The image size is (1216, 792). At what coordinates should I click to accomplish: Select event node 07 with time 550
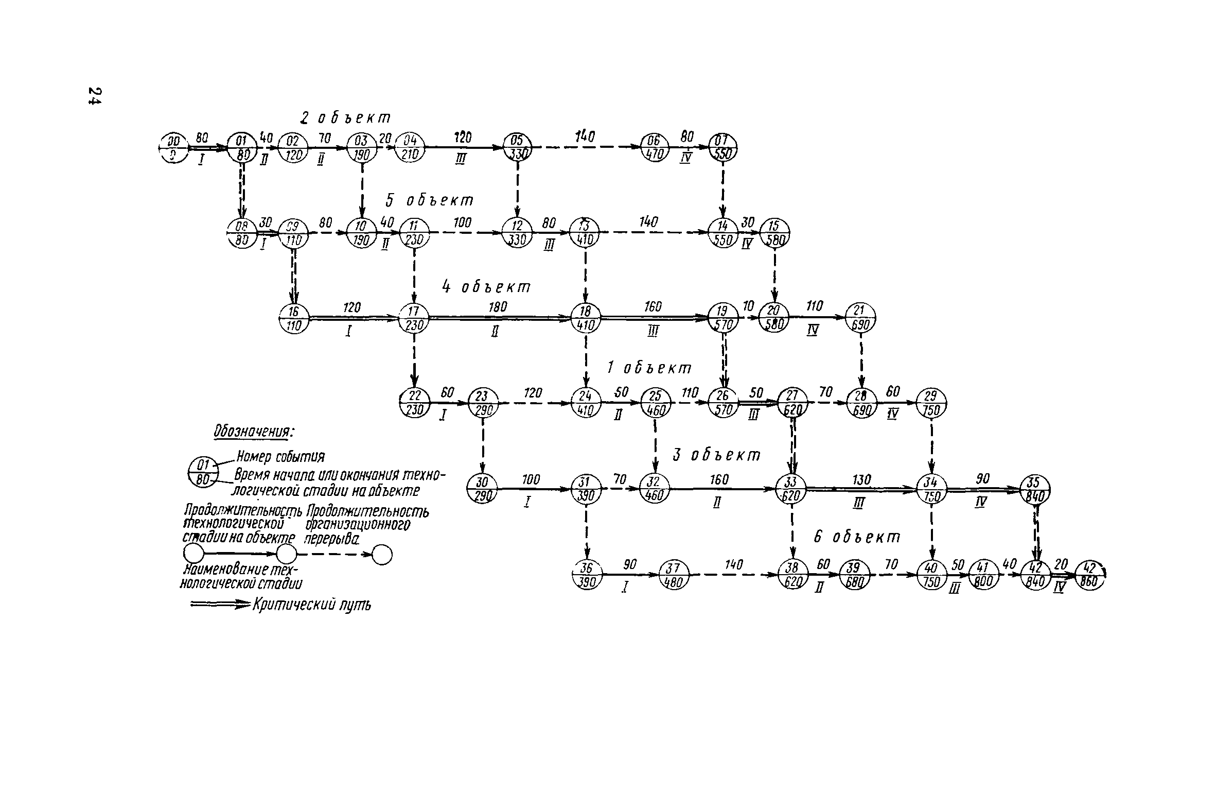click(x=723, y=148)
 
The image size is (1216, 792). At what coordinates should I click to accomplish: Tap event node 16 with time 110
click(x=293, y=318)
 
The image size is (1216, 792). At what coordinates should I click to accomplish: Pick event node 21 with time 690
click(x=861, y=318)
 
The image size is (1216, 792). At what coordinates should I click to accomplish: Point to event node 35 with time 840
click(x=1035, y=489)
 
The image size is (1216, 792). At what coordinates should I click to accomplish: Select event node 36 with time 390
click(x=586, y=574)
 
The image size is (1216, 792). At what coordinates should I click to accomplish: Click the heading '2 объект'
click(x=345, y=118)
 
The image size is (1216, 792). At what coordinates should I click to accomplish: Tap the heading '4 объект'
click(x=486, y=287)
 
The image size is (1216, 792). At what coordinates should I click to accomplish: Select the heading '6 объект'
click(x=857, y=537)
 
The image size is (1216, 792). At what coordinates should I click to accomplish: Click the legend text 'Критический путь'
click(x=311, y=605)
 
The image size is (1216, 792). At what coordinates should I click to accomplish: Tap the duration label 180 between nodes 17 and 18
click(x=498, y=307)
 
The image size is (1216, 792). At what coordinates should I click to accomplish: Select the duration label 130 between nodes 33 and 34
click(x=861, y=479)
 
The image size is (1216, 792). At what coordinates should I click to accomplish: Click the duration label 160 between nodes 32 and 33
click(x=719, y=479)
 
